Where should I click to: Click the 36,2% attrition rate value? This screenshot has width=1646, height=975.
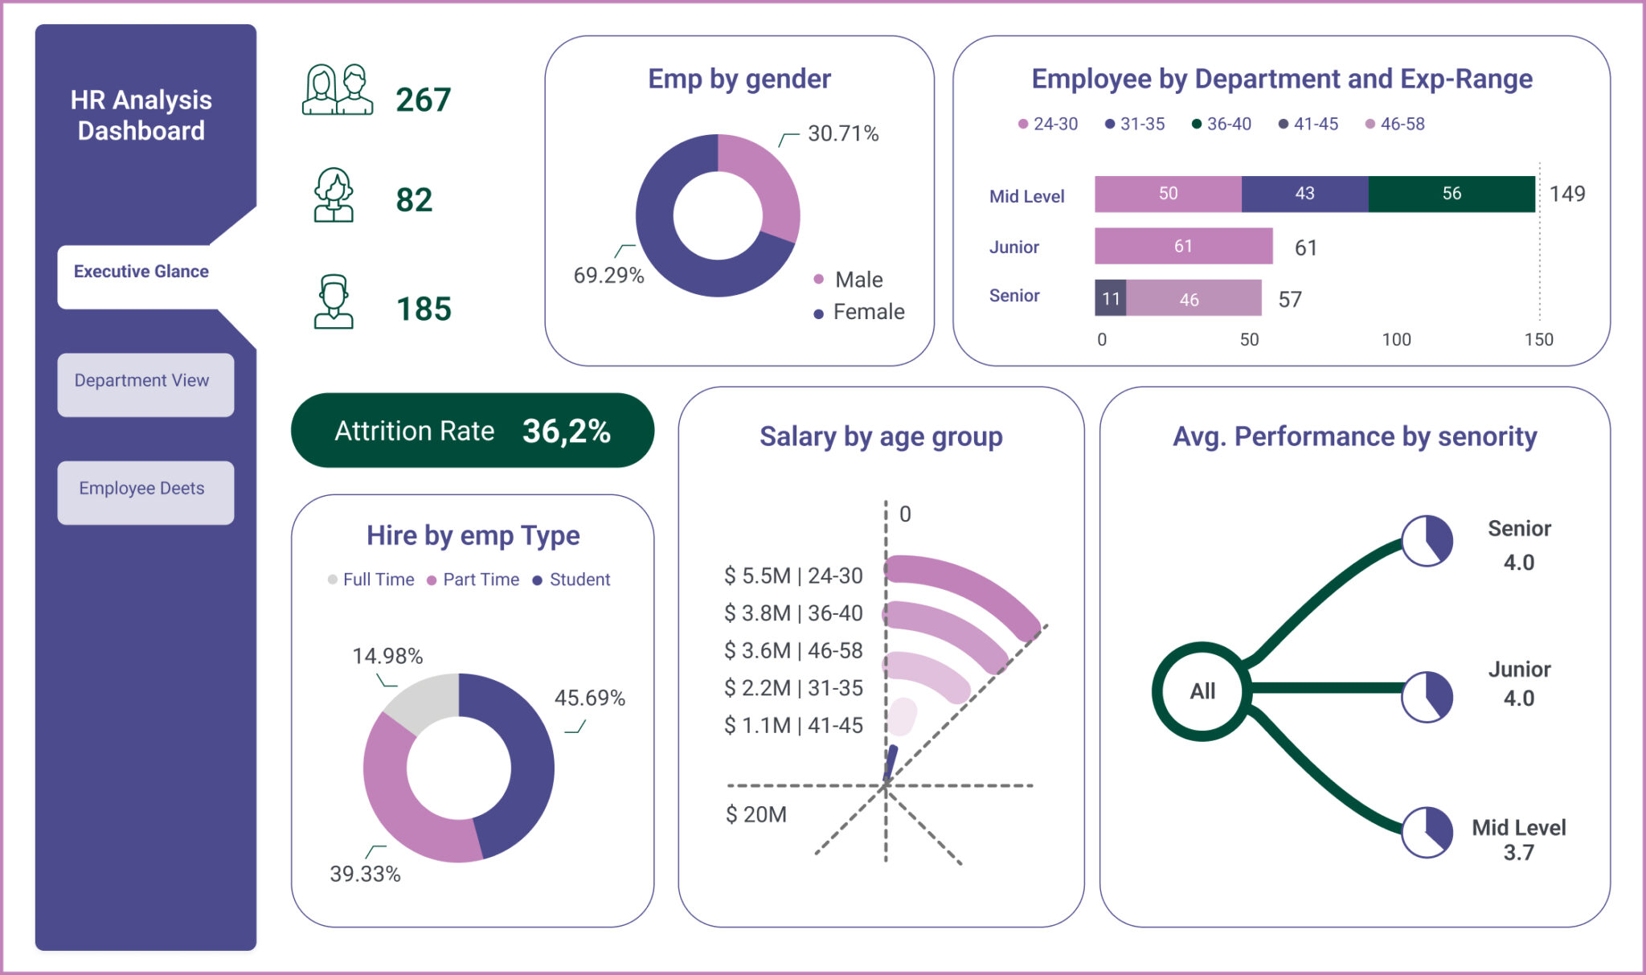pyautogui.click(x=566, y=432)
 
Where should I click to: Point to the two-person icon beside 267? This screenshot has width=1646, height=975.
pyautogui.click(x=337, y=90)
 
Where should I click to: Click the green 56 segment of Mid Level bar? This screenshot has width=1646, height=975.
pyautogui.click(x=1451, y=194)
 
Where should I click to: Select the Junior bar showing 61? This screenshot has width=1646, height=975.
pyautogui.click(x=1182, y=246)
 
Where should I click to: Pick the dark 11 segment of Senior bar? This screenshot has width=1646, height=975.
pyautogui.click(x=1110, y=299)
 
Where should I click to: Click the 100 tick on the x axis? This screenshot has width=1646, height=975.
pyautogui.click(x=1396, y=340)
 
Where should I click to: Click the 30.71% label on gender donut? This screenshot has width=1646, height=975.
pyautogui.click(x=843, y=133)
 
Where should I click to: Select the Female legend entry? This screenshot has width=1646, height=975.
pyautogui.click(x=859, y=313)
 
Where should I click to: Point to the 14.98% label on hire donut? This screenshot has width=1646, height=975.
pyautogui.click(x=387, y=656)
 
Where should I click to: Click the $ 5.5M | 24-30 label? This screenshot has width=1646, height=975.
pyautogui.click(x=792, y=576)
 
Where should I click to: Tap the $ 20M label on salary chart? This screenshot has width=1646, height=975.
pyautogui.click(x=755, y=814)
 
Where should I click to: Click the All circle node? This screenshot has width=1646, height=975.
pyautogui.click(x=1202, y=691)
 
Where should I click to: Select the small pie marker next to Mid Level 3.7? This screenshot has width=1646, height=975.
pyautogui.click(x=1427, y=833)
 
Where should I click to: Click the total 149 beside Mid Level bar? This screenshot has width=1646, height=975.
pyautogui.click(x=1566, y=194)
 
